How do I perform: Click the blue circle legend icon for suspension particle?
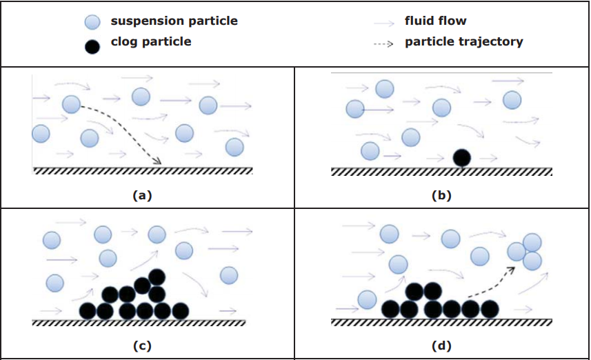(92, 22)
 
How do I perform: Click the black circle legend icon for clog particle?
(92, 45)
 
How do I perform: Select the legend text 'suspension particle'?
(174, 21)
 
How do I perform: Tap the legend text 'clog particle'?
(151, 42)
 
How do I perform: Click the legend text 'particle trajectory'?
(463, 42)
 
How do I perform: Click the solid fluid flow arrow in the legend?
(383, 23)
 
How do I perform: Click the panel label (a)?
(142, 195)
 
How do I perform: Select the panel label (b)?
(441, 195)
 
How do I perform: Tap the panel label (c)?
(142, 345)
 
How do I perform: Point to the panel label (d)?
(441, 345)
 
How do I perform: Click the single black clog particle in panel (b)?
(461, 158)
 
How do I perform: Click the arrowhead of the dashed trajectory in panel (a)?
(158, 162)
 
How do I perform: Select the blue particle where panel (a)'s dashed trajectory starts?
(71, 104)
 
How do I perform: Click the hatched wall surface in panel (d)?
(441, 321)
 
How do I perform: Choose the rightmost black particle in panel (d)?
(489, 309)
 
